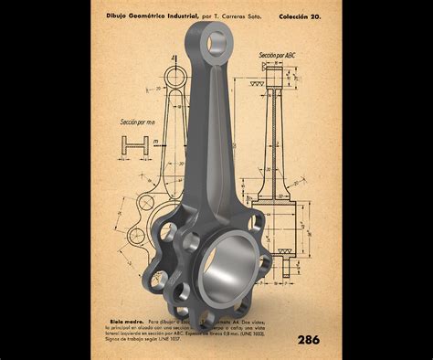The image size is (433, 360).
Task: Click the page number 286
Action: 308,340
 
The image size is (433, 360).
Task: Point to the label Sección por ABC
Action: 277,56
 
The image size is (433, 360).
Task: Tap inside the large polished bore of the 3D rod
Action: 226,275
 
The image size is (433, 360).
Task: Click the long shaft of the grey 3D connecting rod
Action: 208,137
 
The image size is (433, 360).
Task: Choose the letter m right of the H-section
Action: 156,142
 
